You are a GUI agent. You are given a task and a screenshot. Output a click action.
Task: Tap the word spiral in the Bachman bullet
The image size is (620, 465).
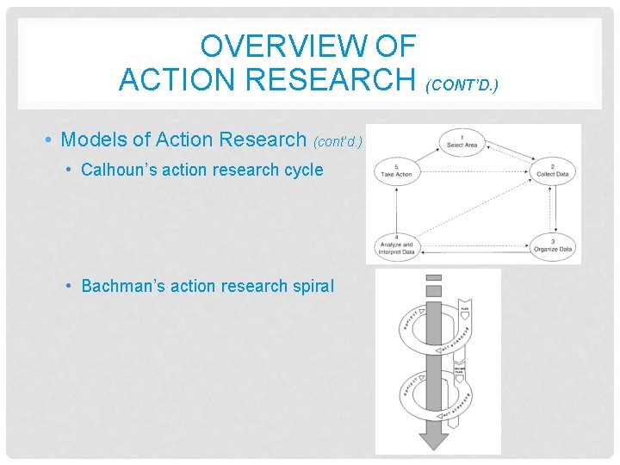click(x=312, y=286)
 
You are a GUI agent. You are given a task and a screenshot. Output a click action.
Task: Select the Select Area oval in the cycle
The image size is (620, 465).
click(x=462, y=141)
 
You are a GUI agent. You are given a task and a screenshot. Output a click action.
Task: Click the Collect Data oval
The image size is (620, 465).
click(x=552, y=170)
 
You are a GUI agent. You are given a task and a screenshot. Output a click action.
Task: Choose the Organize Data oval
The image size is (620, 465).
click(x=552, y=245)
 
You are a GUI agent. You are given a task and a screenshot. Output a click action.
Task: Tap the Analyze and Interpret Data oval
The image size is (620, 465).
click(x=396, y=245)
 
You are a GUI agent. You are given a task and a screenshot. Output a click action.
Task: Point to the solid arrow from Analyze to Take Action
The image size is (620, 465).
click(x=395, y=208)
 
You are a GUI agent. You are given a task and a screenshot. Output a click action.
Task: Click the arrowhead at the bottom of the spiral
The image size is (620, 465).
click(x=434, y=440)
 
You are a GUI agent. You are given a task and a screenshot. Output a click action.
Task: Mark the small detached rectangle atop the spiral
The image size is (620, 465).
click(x=434, y=277)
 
